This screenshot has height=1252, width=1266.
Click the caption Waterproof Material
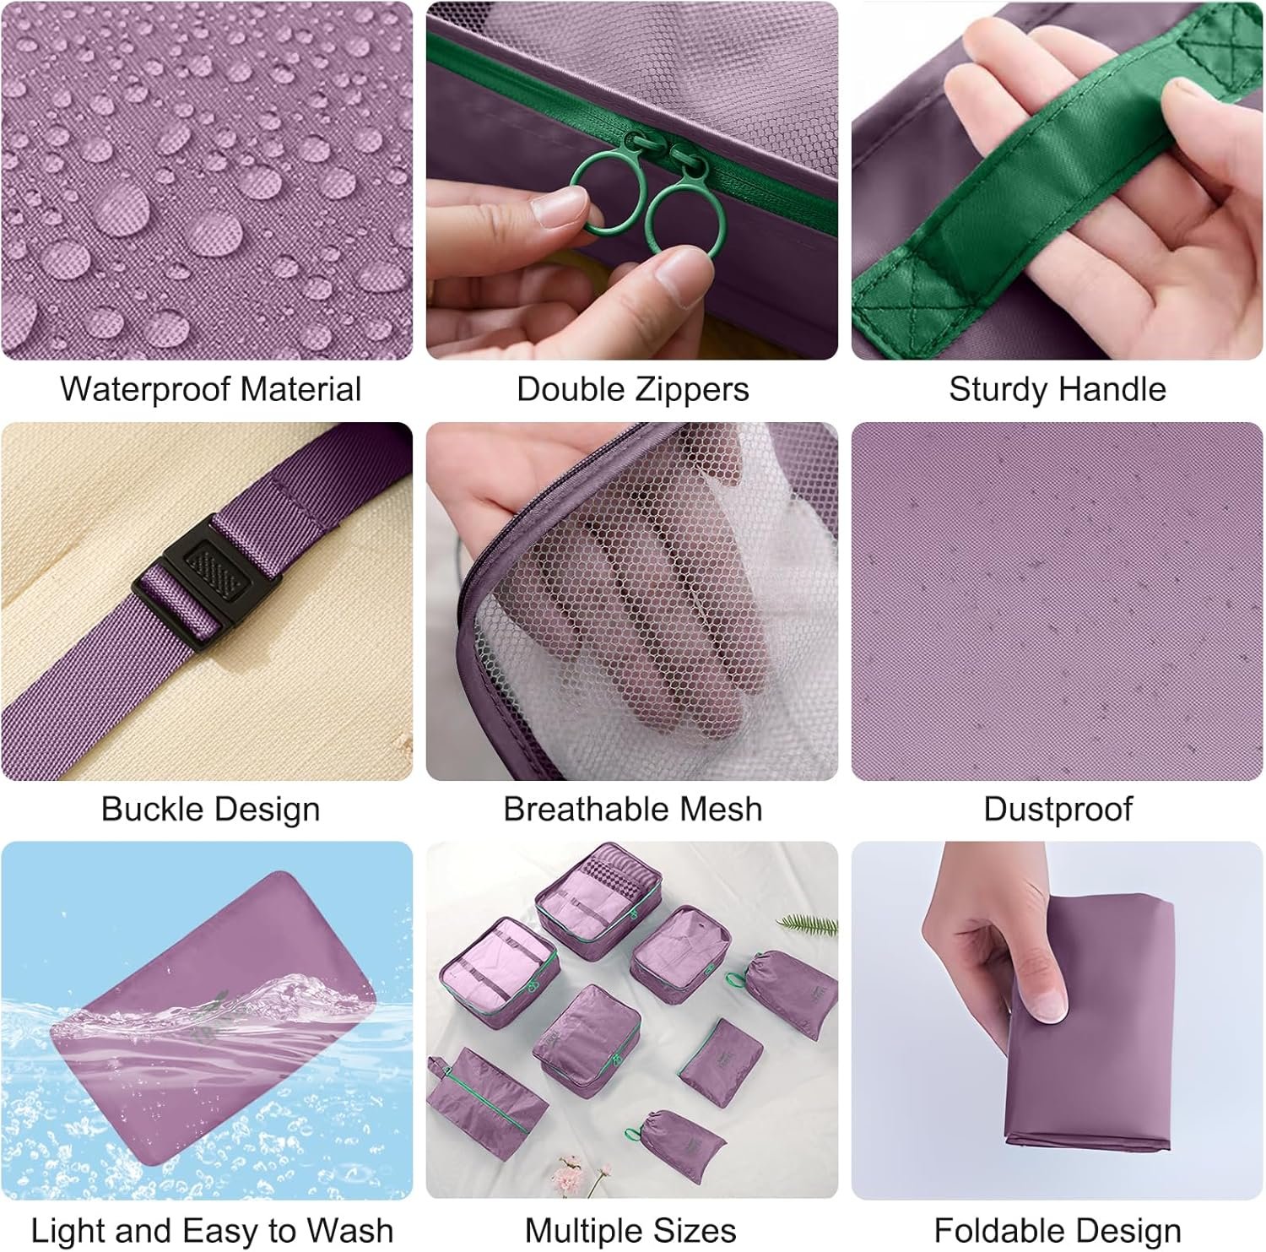(x=210, y=389)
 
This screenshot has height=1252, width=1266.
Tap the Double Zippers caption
(x=632, y=389)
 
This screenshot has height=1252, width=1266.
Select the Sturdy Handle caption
(x=1058, y=389)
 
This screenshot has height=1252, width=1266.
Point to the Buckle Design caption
(x=210, y=809)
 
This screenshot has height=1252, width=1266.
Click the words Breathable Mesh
(x=632, y=809)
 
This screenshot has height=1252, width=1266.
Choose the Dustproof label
(x=1058, y=809)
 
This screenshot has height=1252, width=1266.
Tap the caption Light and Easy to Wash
(x=212, y=1230)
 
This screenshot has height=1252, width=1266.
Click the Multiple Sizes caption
(x=630, y=1230)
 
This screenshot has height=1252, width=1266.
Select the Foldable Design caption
(x=1058, y=1230)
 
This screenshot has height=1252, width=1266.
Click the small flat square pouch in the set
(x=717, y=1061)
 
